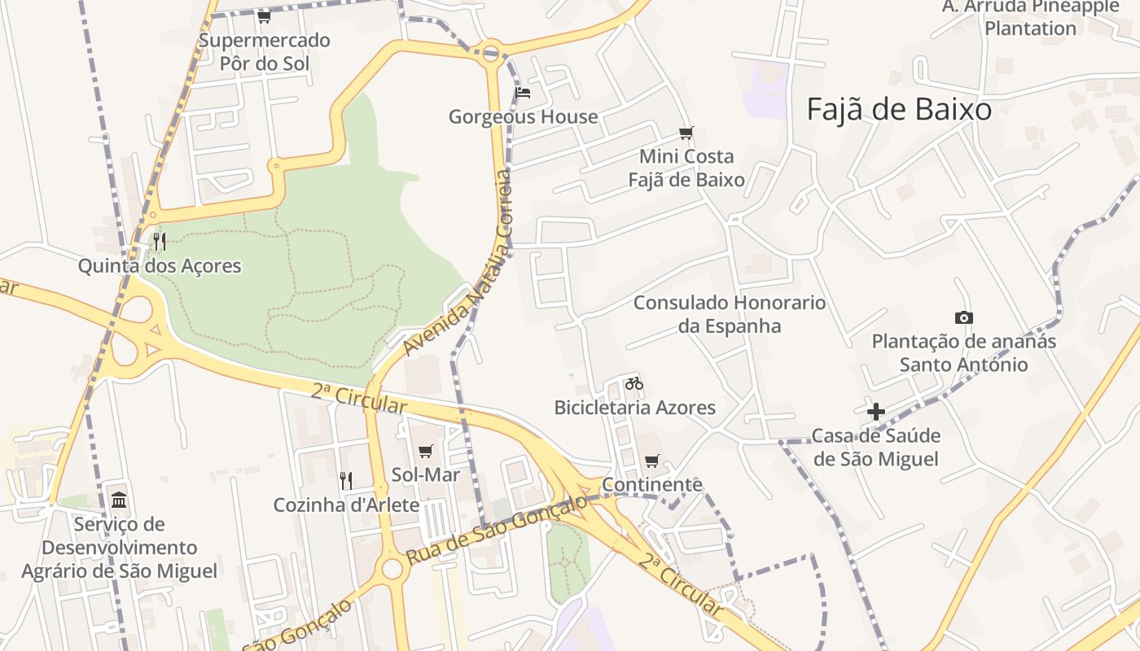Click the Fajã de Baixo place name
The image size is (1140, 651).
tap(899, 109)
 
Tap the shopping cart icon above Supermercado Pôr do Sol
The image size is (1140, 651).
tap(264, 16)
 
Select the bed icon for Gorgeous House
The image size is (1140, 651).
tap(523, 93)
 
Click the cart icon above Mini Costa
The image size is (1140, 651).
tap(686, 133)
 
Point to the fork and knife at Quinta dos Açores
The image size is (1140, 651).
tap(160, 241)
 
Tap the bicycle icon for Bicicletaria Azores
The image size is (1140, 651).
tap(634, 382)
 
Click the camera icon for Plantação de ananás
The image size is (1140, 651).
tap(963, 317)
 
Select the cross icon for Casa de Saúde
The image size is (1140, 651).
tap(875, 412)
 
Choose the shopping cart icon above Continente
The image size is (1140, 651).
tap(651, 461)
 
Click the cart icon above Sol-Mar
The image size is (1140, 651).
tap(425, 451)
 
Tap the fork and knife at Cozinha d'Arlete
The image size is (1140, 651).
tap(346, 481)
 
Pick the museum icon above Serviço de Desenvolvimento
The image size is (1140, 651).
tap(119, 499)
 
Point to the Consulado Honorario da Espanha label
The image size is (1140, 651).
tap(729, 314)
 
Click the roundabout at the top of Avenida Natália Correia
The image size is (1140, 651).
tap(490, 55)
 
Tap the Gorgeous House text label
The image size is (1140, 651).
tap(523, 116)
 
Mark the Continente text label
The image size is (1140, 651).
tap(651, 485)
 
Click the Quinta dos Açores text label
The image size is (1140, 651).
tap(160, 265)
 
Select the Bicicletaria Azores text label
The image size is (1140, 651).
tap(634, 407)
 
